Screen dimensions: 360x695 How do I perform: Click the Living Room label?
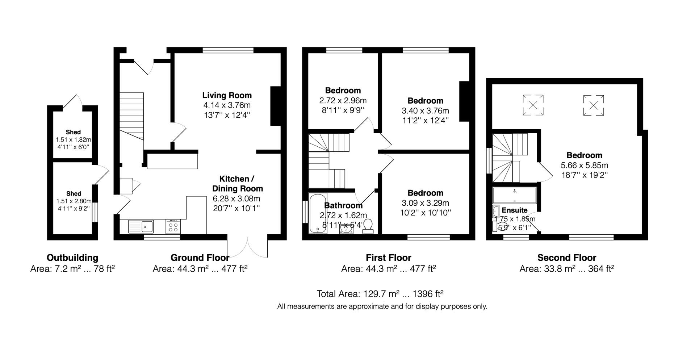pos(227,95)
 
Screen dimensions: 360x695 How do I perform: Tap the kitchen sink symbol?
pos(142,227)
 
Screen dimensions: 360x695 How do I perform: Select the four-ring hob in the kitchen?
pos(173,227)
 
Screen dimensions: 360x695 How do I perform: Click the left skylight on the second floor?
pos(533,105)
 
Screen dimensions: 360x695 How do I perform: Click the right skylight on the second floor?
pos(593,105)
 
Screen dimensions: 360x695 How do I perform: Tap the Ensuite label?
pos(514,210)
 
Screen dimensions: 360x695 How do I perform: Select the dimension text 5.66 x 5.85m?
pos(584,166)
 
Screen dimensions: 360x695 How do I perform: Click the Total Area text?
pos(380,293)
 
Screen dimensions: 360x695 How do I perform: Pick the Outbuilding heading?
pos(72,258)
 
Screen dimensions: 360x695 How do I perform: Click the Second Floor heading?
pos(566,258)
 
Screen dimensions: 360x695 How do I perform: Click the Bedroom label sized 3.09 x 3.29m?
pos(425,193)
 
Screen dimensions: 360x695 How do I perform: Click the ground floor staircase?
pos(132,116)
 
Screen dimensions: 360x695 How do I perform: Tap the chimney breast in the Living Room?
pos(276,106)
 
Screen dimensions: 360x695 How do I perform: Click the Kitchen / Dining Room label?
pos(237,184)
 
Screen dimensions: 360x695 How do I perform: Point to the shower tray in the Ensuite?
pos(514,195)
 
